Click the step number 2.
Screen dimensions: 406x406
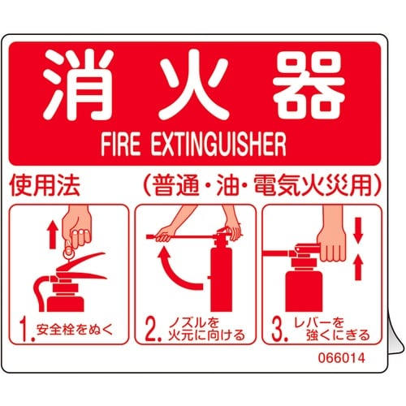tap(149, 329)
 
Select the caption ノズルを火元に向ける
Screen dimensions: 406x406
tap(198, 330)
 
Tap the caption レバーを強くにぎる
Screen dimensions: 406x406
tap(329, 330)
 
